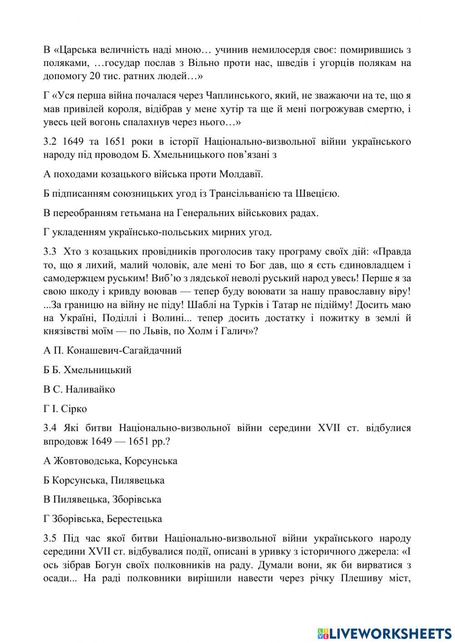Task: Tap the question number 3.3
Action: point(50,252)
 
